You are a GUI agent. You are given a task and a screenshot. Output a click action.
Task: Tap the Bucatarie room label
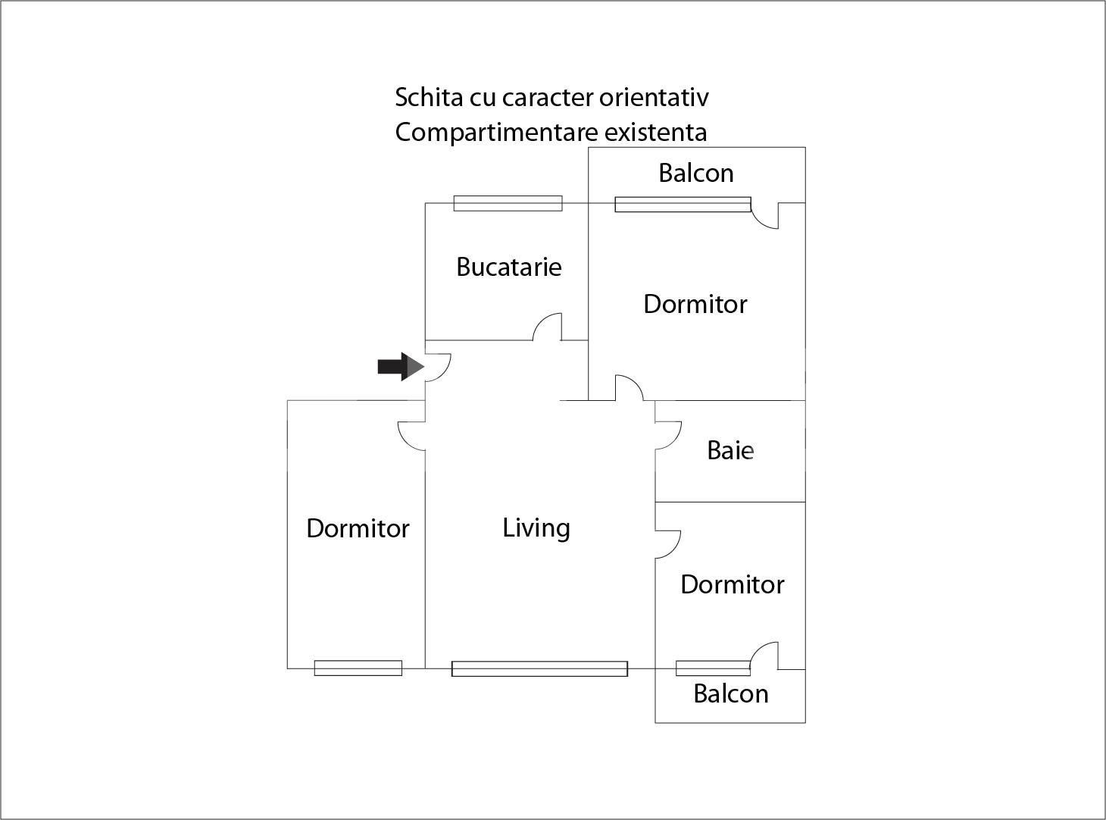coord(509,267)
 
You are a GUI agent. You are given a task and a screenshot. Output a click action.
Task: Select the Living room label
coord(536,527)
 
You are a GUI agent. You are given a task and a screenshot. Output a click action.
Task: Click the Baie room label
coord(730,450)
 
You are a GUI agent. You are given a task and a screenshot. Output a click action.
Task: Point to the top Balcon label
coord(695,173)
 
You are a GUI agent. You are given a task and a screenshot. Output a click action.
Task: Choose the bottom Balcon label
coord(730,693)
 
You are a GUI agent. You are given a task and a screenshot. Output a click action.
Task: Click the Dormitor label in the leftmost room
coord(358,528)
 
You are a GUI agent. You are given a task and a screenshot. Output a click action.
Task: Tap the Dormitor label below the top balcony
coord(695,304)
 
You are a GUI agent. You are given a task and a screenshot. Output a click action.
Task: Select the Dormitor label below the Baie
coord(732,584)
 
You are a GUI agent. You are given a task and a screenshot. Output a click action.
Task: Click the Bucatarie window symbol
coord(508,203)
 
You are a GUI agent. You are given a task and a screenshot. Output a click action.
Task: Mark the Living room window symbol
coord(539,668)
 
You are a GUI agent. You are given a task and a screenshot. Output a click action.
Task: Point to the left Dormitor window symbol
coord(358,668)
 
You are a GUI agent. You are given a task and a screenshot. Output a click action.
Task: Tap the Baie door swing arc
coord(668,435)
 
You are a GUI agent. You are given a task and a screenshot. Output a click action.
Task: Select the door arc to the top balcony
coord(765,216)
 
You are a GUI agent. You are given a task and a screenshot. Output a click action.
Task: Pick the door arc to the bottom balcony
coord(764,656)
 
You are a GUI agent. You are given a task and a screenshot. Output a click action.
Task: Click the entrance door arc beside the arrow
coord(439,368)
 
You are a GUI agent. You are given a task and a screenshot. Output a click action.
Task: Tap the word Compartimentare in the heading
coord(496,133)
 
